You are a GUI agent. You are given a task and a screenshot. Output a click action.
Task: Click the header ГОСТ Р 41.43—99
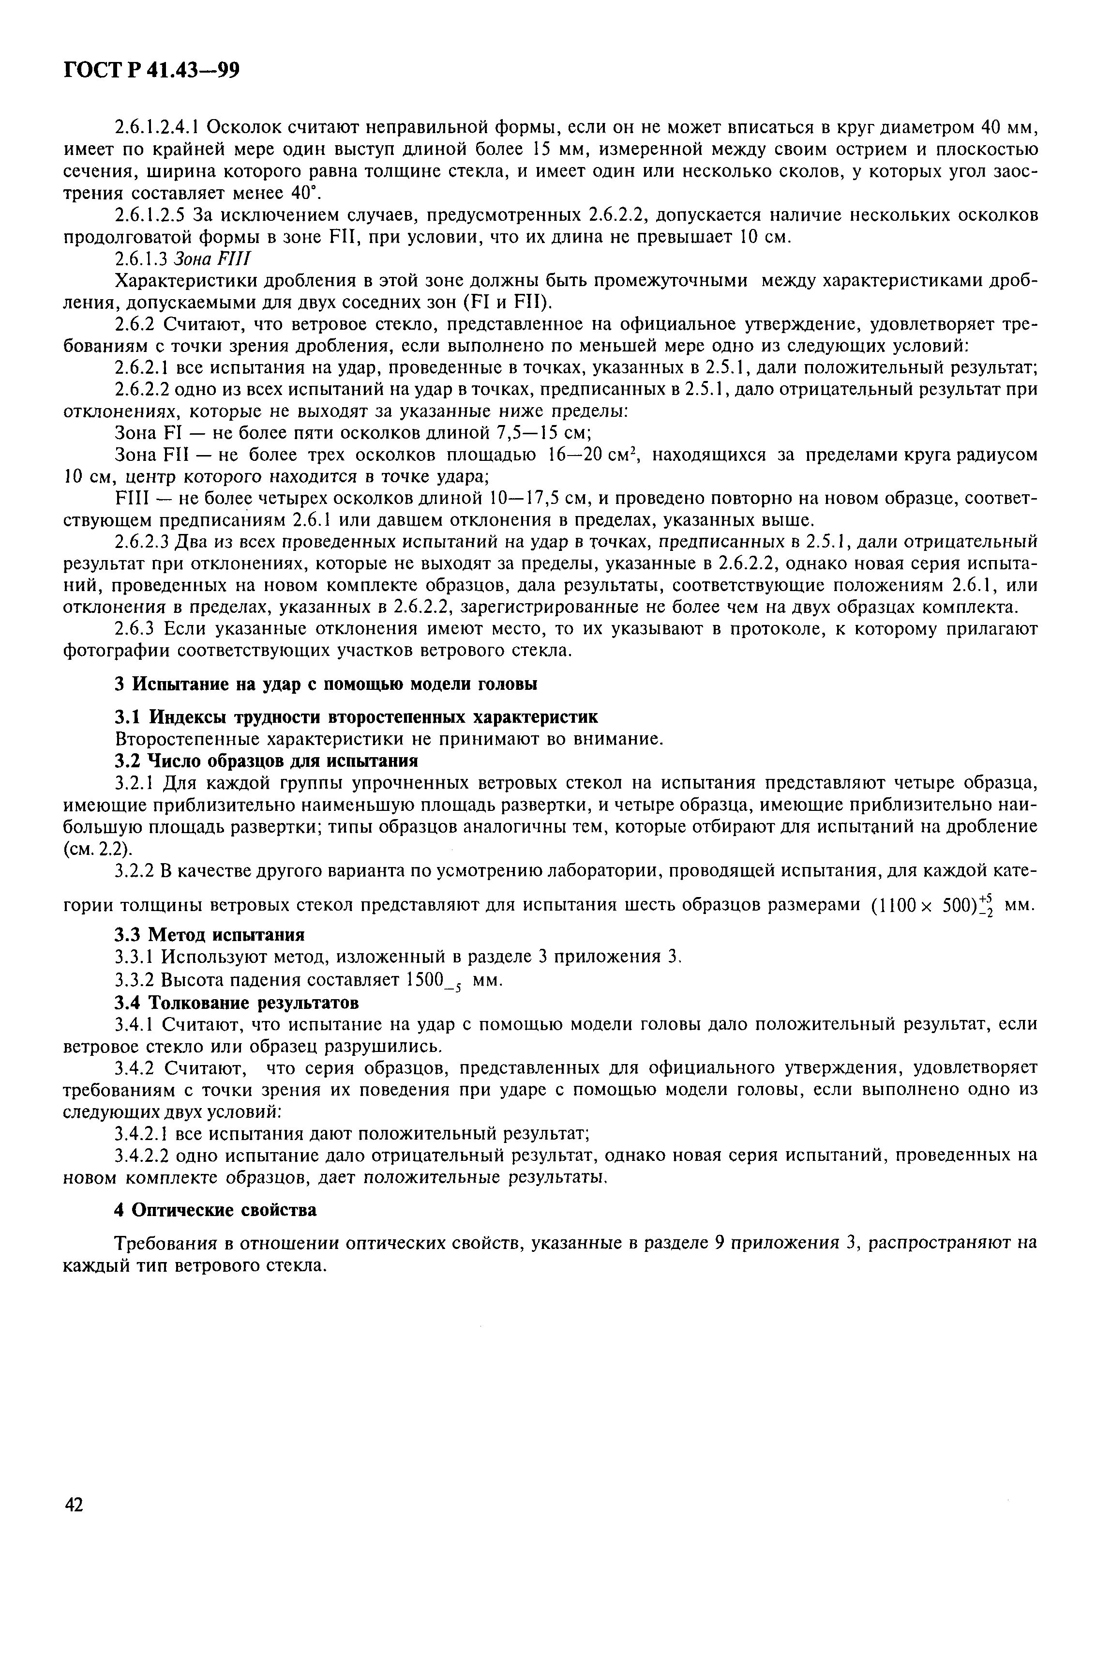click(x=151, y=71)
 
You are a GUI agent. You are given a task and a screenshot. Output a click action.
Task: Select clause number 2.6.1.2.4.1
click(x=158, y=128)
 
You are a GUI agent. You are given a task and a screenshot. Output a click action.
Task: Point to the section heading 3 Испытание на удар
click(x=326, y=684)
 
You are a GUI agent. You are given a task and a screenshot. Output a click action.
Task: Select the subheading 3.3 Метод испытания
click(x=209, y=935)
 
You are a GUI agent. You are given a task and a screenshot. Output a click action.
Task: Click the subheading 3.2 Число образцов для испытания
click(x=266, y=760)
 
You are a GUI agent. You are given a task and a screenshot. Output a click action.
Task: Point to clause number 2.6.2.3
click(x=141, y=542)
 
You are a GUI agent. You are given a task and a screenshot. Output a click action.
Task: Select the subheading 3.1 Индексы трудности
click(x=356, y=717)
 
